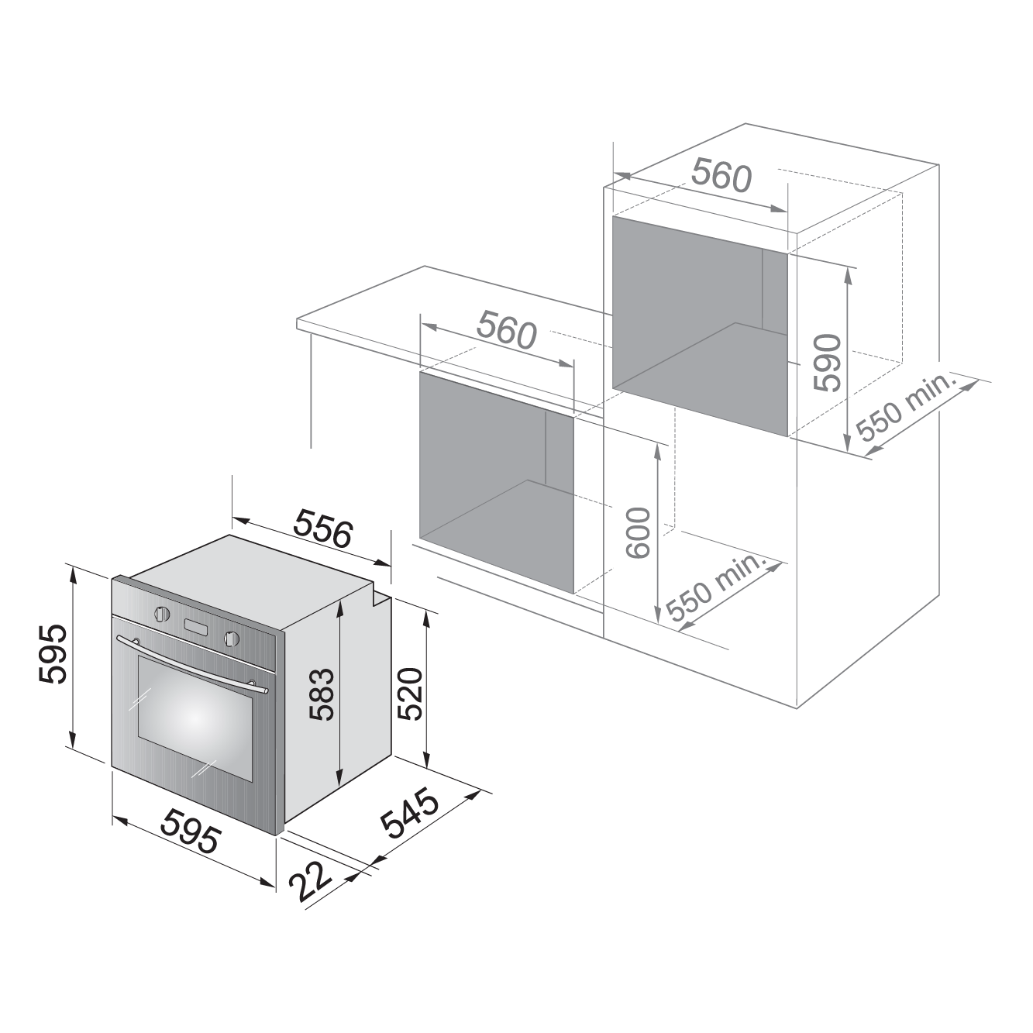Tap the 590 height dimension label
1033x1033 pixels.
tap(827, 363)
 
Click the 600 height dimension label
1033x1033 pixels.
tap(637, 533)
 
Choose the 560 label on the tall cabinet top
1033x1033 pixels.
tap(721, 175)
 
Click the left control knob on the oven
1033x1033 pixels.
tap(162, 613)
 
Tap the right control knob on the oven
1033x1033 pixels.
tap(232, 638)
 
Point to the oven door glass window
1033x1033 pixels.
tap(195, 718)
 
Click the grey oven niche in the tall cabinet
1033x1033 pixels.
tap(700, 326)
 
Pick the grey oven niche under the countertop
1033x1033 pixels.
tap(497, 483)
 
